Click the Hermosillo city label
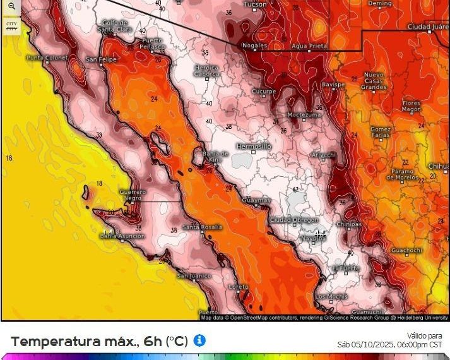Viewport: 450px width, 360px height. [x=253, y=146]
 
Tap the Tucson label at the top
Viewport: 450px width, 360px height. [x=255, y=4]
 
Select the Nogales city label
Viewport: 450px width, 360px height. [x=256, y=46]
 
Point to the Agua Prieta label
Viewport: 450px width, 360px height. [x=309, y=46]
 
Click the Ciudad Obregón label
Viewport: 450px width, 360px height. [x=293, y=219]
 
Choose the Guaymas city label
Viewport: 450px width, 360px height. [x=256, y=200]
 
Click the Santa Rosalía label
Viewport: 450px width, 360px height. [x=202, y=227]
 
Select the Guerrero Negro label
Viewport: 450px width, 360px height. [x=133, y=195]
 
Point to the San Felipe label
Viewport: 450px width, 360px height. [x=101, y=59]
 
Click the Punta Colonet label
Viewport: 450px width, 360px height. [x=46, y=58]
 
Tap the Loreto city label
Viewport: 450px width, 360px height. [x=239, y=287]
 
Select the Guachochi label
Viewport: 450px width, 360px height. [x=406, y=250]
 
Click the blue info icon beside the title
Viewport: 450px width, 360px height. [x=199, y=340]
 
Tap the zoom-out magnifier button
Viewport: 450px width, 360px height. [x=11, y=6]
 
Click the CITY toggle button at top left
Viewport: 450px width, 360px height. [x=11, y=25]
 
